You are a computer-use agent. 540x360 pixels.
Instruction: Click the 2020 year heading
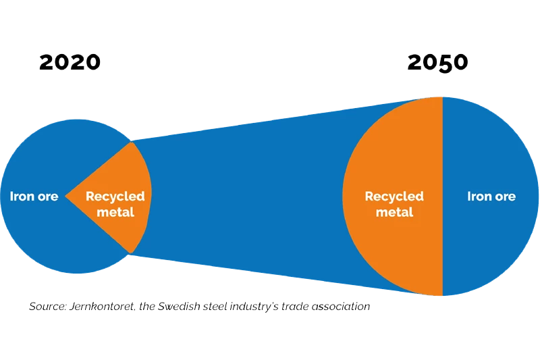point(70,63)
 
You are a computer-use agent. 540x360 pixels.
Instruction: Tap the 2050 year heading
point(437,63)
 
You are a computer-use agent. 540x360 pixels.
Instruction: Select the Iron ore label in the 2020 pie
point(34,197)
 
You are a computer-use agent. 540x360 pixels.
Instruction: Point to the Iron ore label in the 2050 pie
point(491,197)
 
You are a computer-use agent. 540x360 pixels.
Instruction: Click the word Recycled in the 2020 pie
point(115,197)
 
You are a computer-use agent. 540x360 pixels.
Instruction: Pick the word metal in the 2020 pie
point(115,212)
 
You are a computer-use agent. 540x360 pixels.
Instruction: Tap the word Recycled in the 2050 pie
point(394,197)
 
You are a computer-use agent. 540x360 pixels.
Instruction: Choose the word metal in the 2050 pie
point(394,212)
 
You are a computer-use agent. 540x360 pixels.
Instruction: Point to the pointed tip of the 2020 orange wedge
point(67,197)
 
